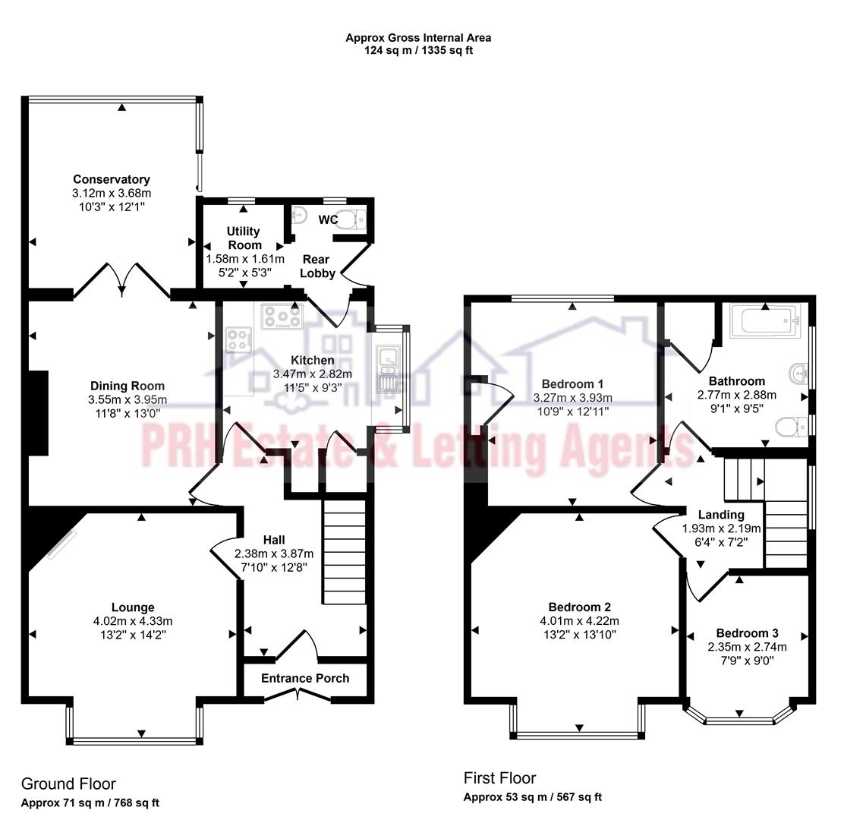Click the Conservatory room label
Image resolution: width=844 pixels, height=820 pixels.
tap(112, 180)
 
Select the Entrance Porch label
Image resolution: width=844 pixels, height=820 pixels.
tap(305, 678)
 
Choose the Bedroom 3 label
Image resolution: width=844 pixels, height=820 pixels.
tap(747, 633)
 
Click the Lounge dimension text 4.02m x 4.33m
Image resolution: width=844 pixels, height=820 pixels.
tap(133, 621)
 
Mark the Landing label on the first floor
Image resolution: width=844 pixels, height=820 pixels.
tap(721, 515)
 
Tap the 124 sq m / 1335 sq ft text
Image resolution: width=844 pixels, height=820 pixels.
tap(419, 50)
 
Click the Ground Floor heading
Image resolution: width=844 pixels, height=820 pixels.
tap(68, 784)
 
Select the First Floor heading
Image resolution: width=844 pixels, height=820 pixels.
tap(499, 777)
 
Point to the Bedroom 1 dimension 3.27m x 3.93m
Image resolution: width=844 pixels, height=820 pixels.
tap(572, 397)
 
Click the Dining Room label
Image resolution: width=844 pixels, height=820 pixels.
tap(128, 386)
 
